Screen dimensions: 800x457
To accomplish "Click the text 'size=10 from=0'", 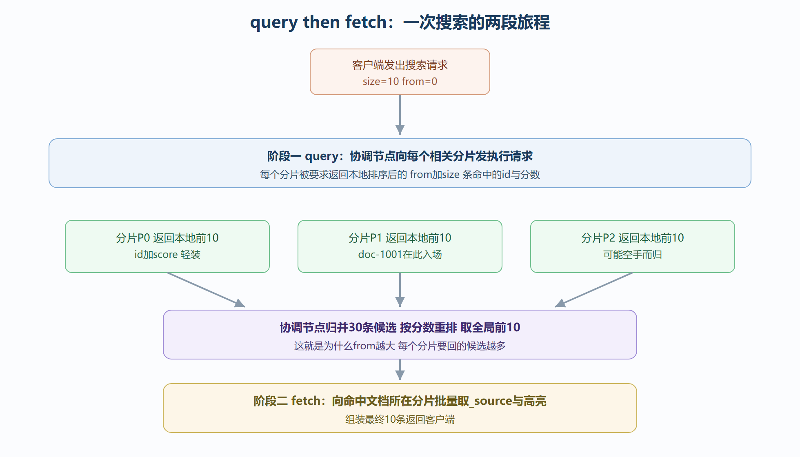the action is click(400, 82).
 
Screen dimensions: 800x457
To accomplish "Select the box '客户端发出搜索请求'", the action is click(400, 72).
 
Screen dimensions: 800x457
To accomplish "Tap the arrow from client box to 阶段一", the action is click(400, 115).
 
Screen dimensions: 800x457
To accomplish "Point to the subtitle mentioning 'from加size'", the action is click(400, 175).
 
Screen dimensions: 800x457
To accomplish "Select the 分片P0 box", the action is click(167, 246).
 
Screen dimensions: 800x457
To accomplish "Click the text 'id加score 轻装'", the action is click(167, 255).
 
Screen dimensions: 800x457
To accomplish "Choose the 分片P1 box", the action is click(400, 246).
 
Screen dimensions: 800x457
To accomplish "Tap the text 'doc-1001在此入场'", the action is click(400, 255).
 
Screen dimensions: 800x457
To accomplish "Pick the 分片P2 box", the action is click(633, 246).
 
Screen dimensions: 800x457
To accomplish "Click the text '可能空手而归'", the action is click(633, 255).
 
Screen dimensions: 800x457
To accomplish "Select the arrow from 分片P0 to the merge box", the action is click(206, 290).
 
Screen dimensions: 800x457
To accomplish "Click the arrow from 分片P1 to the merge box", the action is click(400, 290).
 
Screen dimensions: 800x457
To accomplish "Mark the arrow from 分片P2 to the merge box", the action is click(594, 290).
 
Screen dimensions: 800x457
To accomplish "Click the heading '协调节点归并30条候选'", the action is click(338, 328).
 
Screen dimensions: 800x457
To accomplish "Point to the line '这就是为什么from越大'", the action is click(344, 346).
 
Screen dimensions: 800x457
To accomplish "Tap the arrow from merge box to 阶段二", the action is click(400, 370).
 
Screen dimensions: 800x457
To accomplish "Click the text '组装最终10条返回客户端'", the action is click(400, 419).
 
